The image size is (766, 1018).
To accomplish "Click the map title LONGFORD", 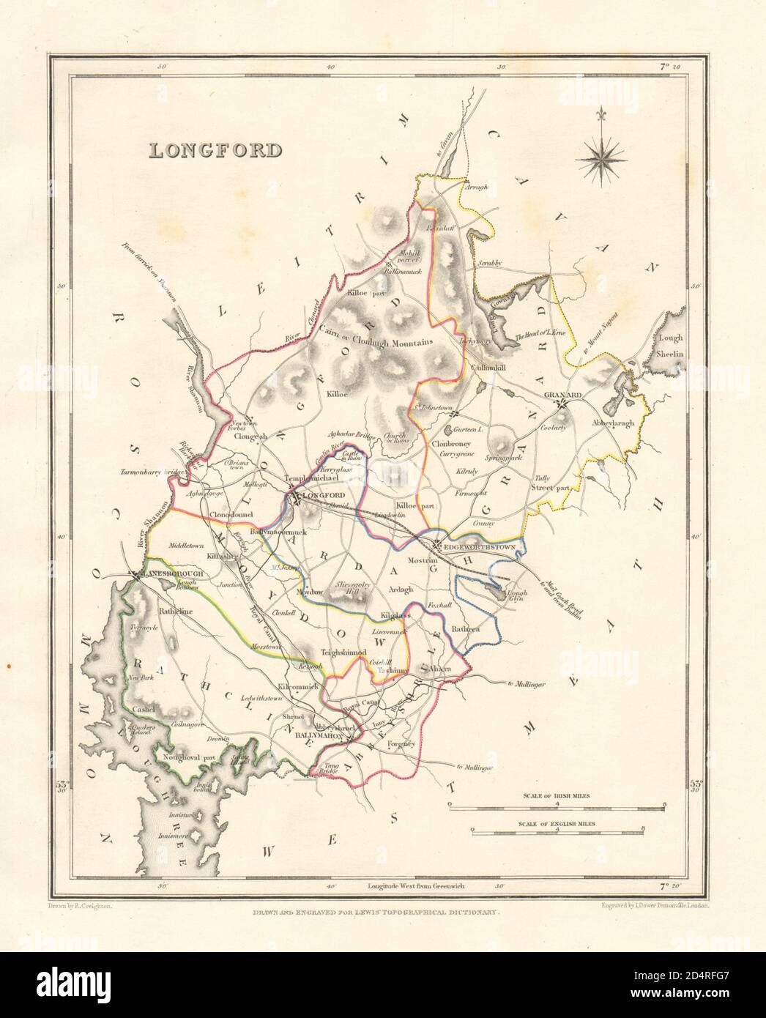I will (x=215, y=150).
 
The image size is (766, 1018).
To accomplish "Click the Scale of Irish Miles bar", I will (x=556, y=806).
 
